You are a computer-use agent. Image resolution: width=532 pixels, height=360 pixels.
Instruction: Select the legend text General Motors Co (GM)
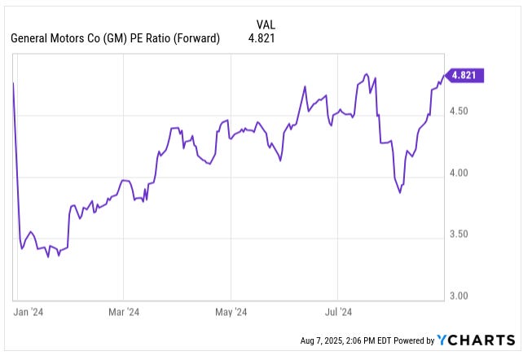click(x=67, y=37)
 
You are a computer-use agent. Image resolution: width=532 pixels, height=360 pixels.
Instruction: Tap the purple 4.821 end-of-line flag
click(x=465, y=76)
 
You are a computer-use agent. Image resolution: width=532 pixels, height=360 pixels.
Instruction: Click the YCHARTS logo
click(x=476, y=340)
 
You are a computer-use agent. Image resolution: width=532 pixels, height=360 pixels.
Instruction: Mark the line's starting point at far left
click(x=14, y=83)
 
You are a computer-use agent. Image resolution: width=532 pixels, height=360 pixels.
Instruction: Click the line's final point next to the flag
click(x=444, y=76)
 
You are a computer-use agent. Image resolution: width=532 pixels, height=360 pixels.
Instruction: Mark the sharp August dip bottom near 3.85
click(x=400, y=193)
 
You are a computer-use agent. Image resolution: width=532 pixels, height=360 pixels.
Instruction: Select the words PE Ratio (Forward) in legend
click(x=174, y=37)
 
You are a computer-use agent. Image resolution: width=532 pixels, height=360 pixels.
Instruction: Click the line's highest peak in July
click(x=367, y=73)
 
